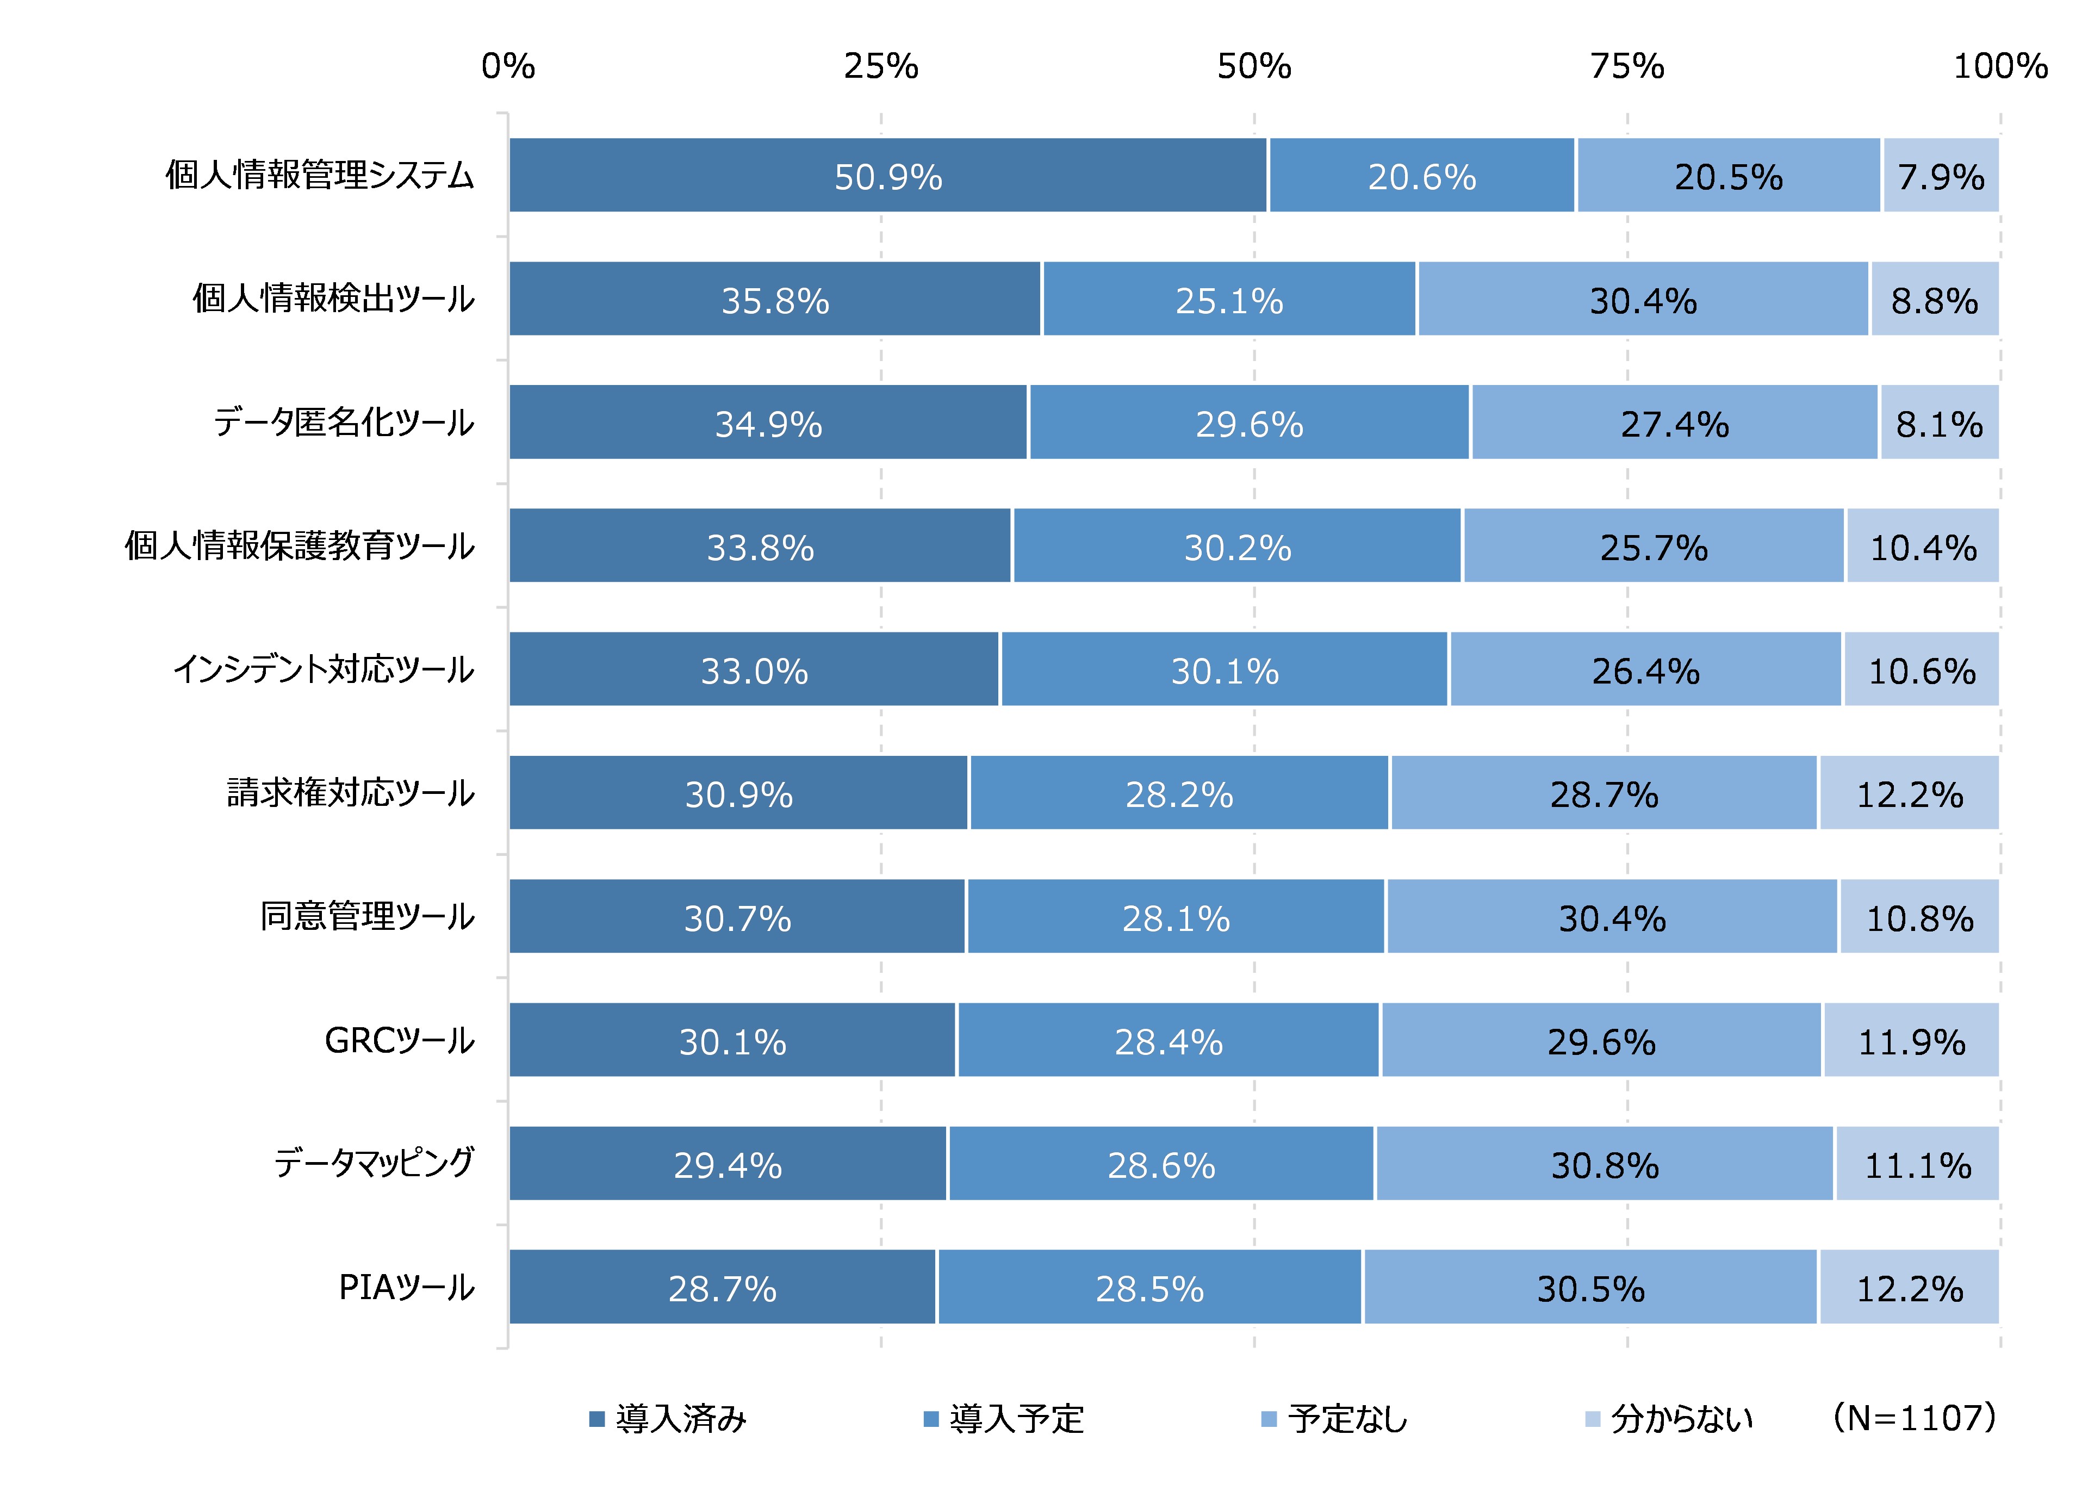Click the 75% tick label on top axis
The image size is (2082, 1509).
1627,66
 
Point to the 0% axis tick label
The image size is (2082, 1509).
508,66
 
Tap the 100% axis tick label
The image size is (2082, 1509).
1999,66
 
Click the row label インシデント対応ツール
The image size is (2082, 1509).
323,670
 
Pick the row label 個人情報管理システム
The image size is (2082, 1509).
320,175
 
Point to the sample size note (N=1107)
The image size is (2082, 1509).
1913,1417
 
